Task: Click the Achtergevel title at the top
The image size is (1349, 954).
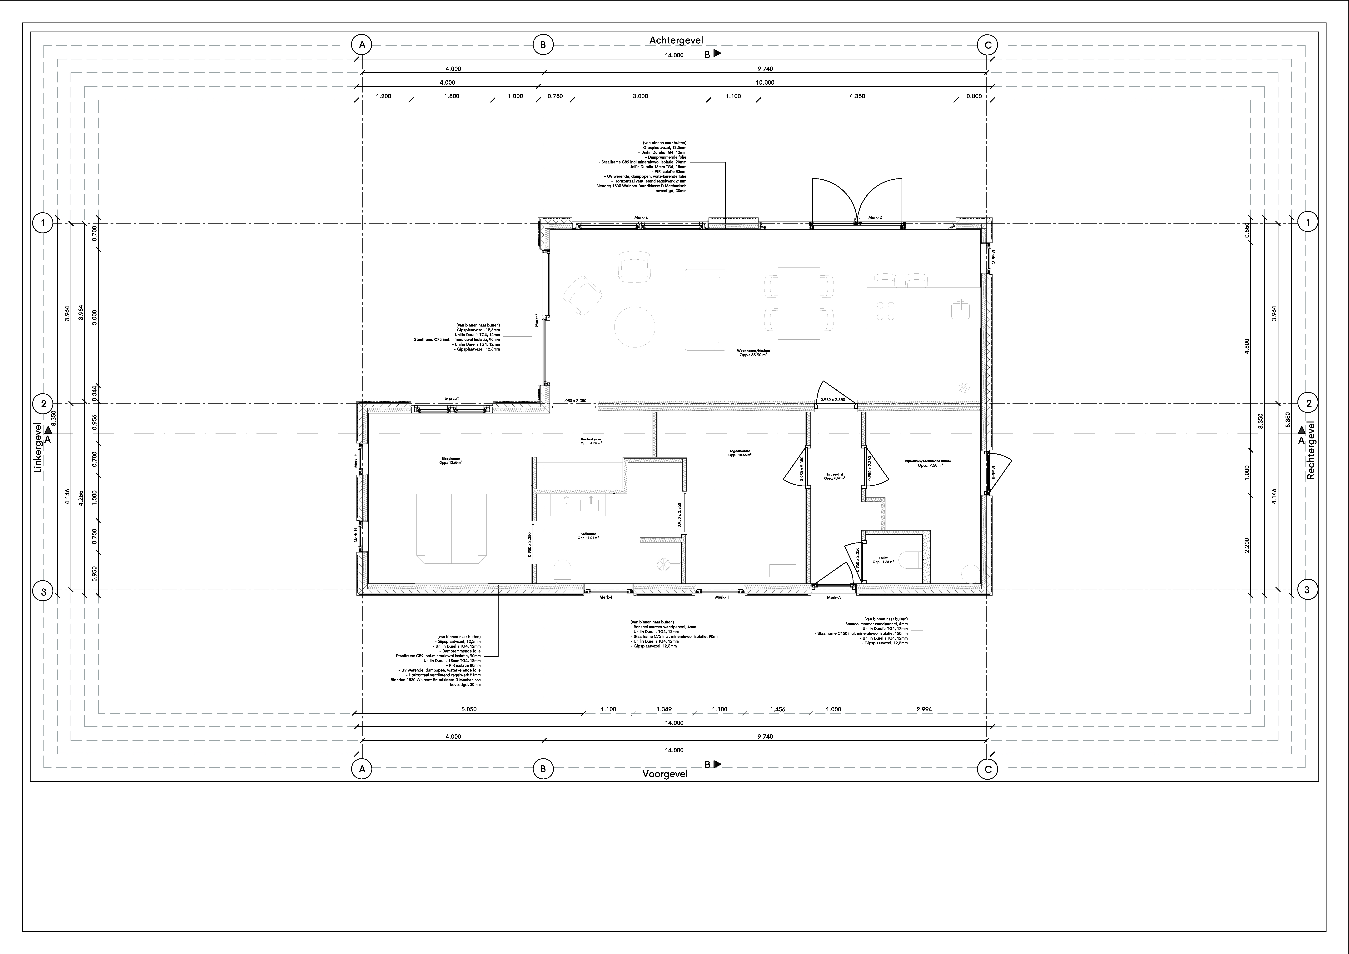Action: [x=676, y=40]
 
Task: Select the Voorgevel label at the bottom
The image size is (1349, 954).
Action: [x=665, y=774]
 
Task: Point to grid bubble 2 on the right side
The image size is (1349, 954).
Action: [x=1308, y=403]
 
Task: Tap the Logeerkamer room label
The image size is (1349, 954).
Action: [x=740, y=453]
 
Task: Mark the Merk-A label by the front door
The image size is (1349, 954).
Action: [x=834, y=597]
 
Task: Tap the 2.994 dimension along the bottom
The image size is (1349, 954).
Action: [x=924, y=709]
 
